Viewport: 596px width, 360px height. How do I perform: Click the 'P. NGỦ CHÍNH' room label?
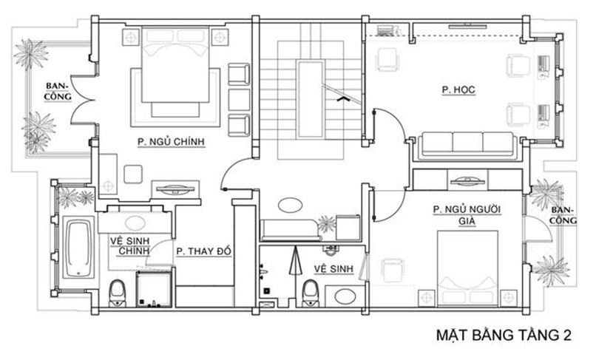coord(171,142)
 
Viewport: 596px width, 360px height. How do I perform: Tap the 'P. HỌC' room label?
coord(458,89)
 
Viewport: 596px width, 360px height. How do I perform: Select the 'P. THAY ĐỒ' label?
coord(204,251)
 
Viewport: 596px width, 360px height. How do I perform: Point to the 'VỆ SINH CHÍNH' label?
coord(129,246)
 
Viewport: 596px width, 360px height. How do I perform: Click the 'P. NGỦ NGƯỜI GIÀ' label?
coord(467,215)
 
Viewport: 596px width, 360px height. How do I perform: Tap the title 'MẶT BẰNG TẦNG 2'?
coord(504,336)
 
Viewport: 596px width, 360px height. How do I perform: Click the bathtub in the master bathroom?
coord(78,248)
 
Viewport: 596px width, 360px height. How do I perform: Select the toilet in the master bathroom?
coord(117,293)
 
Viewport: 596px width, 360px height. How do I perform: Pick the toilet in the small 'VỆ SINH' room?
coord(311,293)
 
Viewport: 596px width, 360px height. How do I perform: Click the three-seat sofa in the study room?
coord(467,146)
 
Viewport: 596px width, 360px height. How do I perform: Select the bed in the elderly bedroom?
coord(467,268)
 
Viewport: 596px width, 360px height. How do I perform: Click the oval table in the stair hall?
coord(290,206)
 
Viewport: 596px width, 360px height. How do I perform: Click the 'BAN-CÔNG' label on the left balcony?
coord(58,91)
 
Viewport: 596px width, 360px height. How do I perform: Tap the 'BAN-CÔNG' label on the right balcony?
coord(563,215)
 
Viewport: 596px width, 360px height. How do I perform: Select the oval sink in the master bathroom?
coord(135,223)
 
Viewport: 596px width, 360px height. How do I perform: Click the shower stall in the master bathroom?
coord(154,288)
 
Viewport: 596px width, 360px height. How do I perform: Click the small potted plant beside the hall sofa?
coord(327,224)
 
